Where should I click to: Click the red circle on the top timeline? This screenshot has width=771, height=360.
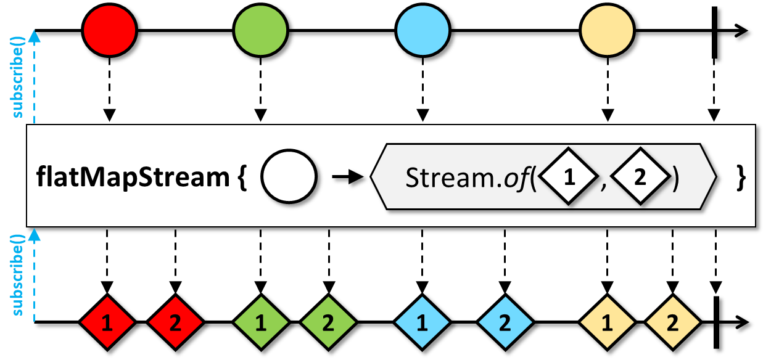click(x=109, y=31)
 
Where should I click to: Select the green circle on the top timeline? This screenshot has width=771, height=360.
click(x=260, y=31)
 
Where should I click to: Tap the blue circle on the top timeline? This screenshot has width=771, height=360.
click(x=423, y=31)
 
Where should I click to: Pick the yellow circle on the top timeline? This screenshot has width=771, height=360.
click(x=607, y=31)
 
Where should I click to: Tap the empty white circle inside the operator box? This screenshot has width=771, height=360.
click(x=289, y=178)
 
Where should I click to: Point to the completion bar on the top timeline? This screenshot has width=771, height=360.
click(x=714, y=32)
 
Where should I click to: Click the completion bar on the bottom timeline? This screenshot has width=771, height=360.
click(x=715, y=322)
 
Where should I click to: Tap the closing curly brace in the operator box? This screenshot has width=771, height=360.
click(x=741, y=178)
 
